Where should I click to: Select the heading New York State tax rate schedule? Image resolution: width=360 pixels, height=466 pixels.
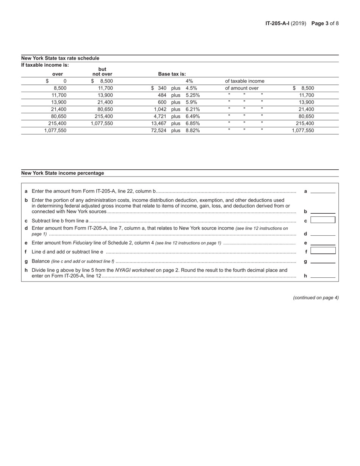pyautogui.click(x=60, y=58)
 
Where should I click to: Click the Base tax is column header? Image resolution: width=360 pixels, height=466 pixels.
pyautogui.click(x=172, y=74)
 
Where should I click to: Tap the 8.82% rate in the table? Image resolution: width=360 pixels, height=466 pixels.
pyautogui.click(x=193, y=131)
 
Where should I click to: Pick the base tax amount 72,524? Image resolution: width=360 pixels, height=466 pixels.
pyautogui.click(x=159, y=131)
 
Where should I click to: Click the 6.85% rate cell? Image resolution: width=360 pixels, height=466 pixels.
pyautogui.click(x=193, y=124)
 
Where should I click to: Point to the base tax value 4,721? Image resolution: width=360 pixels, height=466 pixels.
pyautogui.click(x=160, y=117)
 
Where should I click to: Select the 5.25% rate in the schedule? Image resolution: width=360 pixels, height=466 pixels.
pyautogui.click(x=193, y=95)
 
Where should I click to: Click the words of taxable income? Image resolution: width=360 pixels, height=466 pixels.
pyautogui.click(x=244, y=81)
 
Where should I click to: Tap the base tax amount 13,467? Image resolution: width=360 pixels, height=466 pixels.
pyautogui.click(x=159, y=124)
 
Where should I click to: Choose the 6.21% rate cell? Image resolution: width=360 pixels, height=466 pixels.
pyautogui.click(x=193, y=109)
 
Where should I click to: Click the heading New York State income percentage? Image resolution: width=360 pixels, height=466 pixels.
pyautogui.click(x=63, y=173)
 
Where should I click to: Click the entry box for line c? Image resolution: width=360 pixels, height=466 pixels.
pyautogui.click(x=322, y=220)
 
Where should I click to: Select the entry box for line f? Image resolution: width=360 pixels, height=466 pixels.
pyautogui.click(x=322, y=250)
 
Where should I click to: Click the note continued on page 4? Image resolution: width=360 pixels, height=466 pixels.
pyautogui.click(x=316, y=298)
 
